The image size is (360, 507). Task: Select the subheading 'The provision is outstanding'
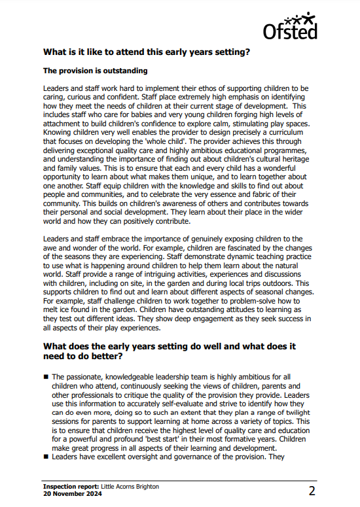click(95, 70)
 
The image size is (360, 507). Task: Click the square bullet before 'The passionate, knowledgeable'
click(45, 377)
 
